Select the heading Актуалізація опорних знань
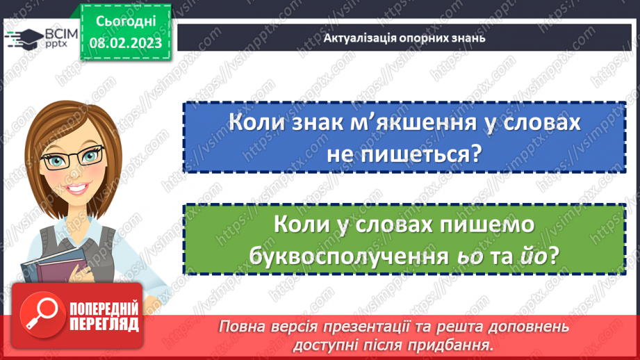tap(404, 38)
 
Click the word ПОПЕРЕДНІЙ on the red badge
tap(104, 308)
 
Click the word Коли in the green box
tap(300, 224)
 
